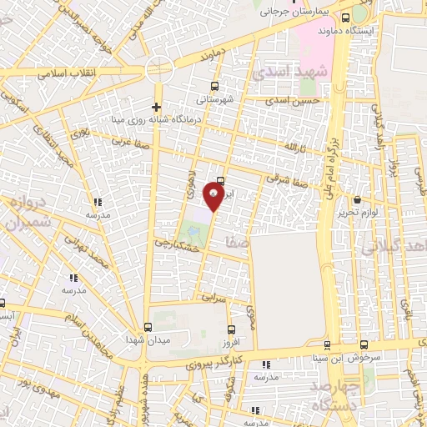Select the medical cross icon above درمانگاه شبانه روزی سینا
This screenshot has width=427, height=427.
click(x=156, y=107)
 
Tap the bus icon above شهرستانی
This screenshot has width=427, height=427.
click(x=216, y=86)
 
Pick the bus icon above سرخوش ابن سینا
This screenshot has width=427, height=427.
click(x=364, y=344)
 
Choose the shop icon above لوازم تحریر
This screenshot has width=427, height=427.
click(x=358, y=200)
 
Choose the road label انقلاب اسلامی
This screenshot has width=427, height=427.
click(x=63, y=73)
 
